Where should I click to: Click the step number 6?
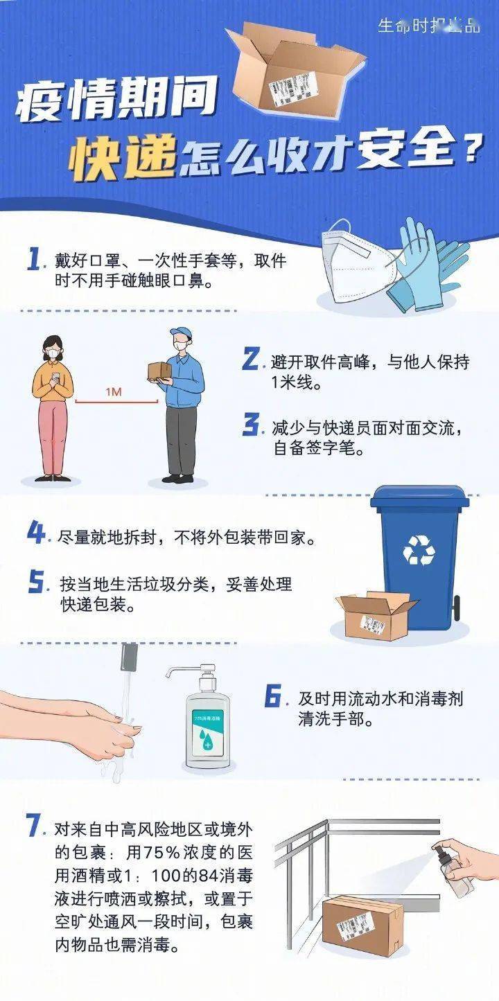[273, 696]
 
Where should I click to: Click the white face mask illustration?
[353, 262]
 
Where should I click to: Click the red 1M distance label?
[114, 392]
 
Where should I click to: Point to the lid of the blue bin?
[419, 499]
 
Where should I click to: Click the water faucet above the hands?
[129, 657]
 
